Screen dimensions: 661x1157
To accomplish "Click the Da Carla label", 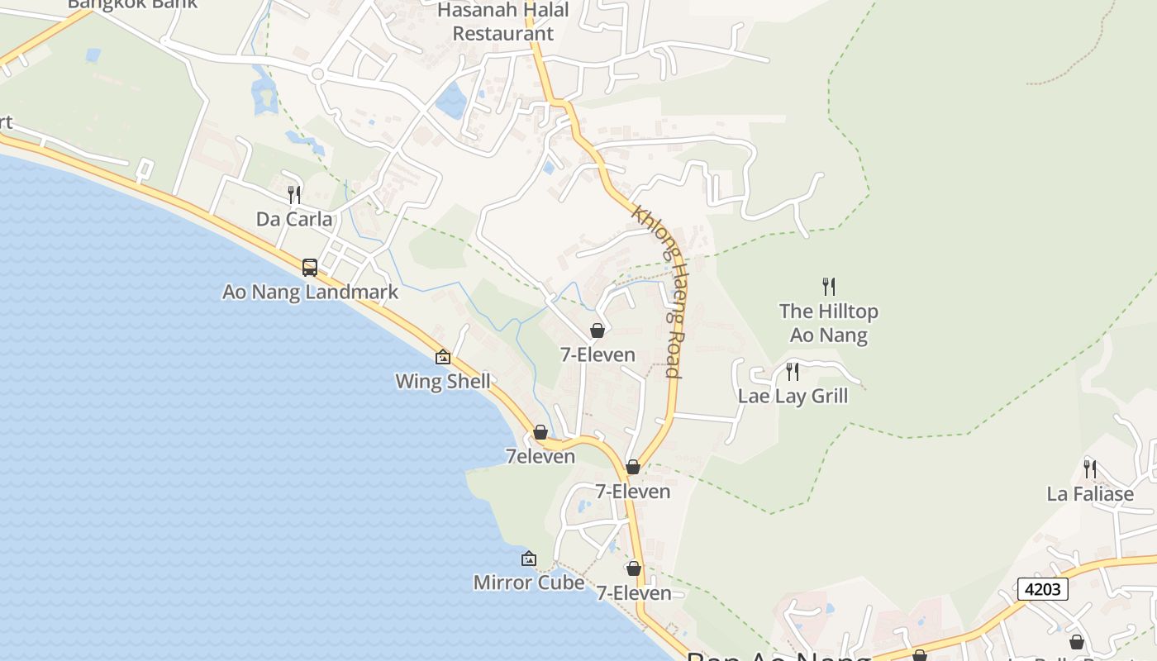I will (x=294, y=219).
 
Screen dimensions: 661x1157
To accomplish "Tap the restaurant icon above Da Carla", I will (x=294, y=195).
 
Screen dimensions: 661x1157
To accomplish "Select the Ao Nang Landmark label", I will (x=310, y=292).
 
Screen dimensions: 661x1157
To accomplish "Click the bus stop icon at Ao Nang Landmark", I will (x=310, y=268).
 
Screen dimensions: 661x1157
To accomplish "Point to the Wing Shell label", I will (x=442, y=381).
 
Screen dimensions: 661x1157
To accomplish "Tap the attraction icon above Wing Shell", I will (x=443, y=357).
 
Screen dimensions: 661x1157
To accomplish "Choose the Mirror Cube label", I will (x=528, y=583).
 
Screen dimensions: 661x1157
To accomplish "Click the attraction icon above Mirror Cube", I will (x=529, y=559).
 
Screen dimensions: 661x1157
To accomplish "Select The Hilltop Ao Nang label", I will (x=828, y=323).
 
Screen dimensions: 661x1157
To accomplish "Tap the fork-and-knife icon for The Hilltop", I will (x=829, y=287).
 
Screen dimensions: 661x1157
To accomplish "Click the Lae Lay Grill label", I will (x=793, y=396).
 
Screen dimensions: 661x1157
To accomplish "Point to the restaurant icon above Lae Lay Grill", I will (x=793, y=372).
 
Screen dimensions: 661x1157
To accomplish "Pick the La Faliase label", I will (x=1090, y=494).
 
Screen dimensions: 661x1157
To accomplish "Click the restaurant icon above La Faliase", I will (x=1090, y=469).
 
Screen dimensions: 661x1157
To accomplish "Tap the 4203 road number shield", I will (x=1042, y=589).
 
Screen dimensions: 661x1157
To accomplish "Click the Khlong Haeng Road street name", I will (x=659, y=291).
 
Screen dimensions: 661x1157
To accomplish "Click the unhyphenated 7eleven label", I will (x=540, y=456).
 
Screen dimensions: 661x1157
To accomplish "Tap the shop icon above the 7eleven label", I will (x=540, y=432).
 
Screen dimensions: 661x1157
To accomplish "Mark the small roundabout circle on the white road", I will (x=317, y=74).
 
